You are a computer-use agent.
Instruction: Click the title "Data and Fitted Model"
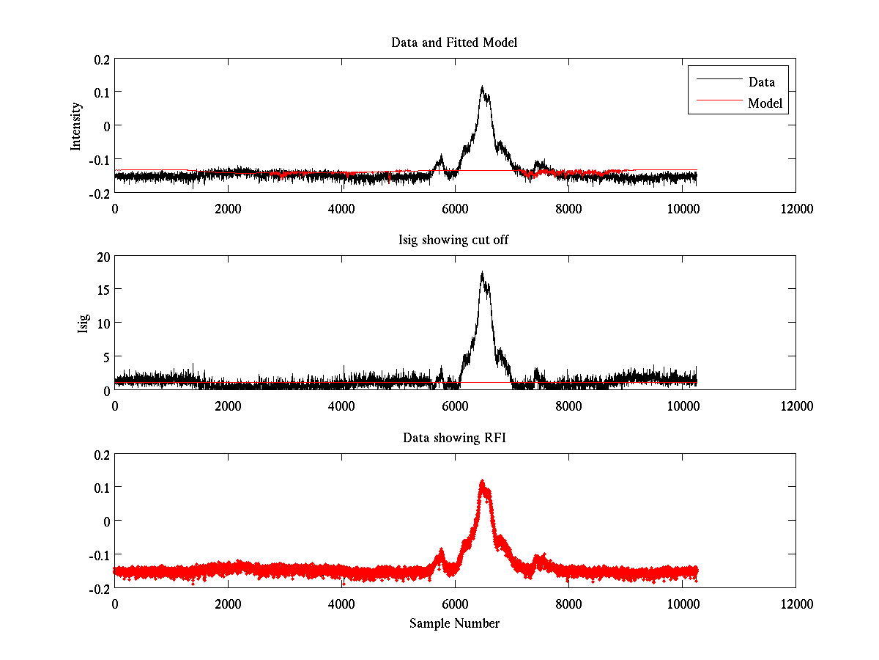click(454, 43)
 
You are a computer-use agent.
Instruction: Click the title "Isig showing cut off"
click(454, 241)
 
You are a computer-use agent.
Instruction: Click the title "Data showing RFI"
click(454, 438)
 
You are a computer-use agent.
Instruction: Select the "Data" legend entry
click(761, 82)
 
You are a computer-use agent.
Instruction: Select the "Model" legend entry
click(765, 103)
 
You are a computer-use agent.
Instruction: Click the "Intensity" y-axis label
click(76, 126)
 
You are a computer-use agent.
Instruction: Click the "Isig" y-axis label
click(84, 323)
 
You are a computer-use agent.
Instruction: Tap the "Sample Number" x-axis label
click(454, 623)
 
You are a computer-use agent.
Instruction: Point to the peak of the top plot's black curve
click(482, 87)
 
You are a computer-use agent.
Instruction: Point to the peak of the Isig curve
click(482, 273)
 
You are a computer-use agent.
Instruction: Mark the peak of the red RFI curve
click(482, 481)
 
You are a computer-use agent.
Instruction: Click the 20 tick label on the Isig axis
click(101, 256)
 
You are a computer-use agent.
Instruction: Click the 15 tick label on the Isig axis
click(101, 290)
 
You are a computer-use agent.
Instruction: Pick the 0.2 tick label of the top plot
click(100, 59)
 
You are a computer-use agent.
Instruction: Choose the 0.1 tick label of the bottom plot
click(100, 488)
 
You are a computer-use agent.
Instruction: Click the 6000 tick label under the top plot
click(455, 209)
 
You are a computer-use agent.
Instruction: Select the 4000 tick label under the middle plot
click(341, 406)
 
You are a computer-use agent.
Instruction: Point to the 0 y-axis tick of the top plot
click(105, 125)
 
